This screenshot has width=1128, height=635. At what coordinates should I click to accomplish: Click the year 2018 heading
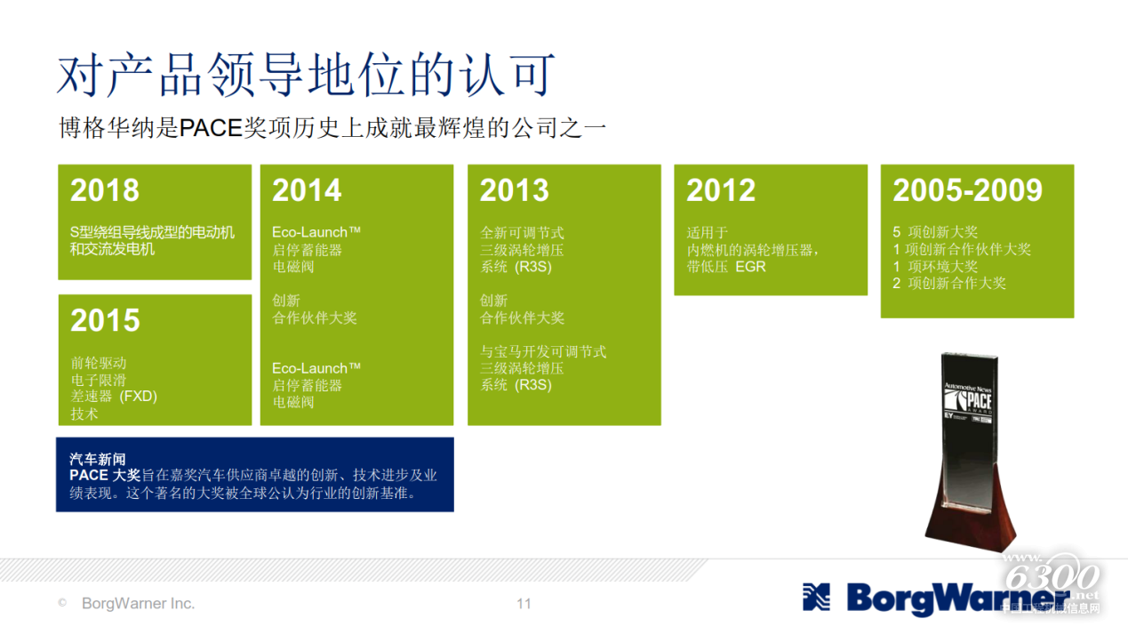pyautogui.click(x=105, y=190)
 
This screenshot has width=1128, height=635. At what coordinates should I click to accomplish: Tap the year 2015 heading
pyautogui.click(x=105, y=320)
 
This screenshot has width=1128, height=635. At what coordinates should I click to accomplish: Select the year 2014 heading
pyautogui.click(x=307, y=190)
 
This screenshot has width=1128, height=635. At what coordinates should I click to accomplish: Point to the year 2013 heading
pyautogui.click(x=514, y=190)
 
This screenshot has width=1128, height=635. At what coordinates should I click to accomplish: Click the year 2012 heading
pyautogui.click(x=721, y=190)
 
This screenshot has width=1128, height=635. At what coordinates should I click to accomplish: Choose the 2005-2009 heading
pyautogui.click(x=967, y=190)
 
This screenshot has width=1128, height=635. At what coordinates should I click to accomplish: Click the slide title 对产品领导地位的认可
pyautogui.click(x=306, y=75)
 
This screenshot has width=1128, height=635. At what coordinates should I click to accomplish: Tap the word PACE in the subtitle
pyautogui.click(x=211, y=128)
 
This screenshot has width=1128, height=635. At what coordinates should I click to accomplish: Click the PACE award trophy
pyautogui.click(x=971, y=451)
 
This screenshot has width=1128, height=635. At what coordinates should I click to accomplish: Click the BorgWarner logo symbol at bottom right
pyautogui.click(x=816, y=598)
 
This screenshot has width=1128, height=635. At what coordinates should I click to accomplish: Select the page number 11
pyautogui.click(x=524, y=604)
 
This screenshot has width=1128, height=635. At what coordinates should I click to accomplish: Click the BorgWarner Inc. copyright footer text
pyautogui.click(x=138, y=603)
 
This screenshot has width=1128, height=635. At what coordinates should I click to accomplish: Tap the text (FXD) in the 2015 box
pyautogui.click(x=139, y=396)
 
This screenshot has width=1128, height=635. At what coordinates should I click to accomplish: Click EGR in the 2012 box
pyautogui.click(x=750, y=267)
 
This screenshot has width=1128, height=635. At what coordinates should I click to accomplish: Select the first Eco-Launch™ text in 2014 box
pyautogui.click(x=316, y=232)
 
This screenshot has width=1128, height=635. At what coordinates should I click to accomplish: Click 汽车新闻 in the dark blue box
pyautogui.click(x=97, y=459)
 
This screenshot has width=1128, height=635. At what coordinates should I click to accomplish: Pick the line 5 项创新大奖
pyautogui.click(x=935, y=232)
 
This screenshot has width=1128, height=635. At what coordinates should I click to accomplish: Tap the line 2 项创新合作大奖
pyautogui.click(x=949, y=283)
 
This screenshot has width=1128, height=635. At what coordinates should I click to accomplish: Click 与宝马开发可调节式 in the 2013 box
pyautogui.click(x=543, y=351)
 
